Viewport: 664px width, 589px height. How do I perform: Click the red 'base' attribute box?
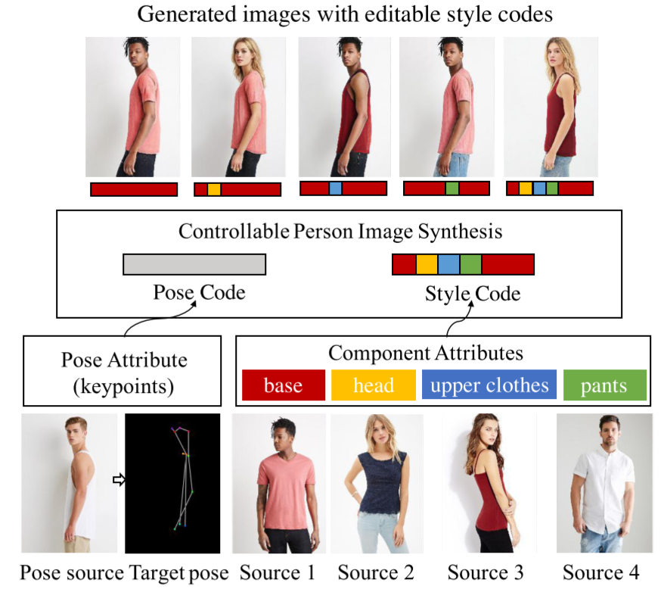[x=283, y=385]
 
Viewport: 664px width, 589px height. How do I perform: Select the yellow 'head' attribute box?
[x=374, y=385]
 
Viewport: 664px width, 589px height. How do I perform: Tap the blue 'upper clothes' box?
[x=489, y=385]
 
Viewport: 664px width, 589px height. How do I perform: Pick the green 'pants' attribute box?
[x=604, y=385]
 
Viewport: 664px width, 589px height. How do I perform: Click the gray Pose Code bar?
[x=194, y=264]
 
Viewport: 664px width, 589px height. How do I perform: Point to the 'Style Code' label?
[x=473, y=293]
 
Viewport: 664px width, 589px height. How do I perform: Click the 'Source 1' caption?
[x=277, y=572]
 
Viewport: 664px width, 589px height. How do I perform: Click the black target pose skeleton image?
[x=172, y=483]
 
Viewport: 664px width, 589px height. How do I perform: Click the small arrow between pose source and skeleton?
[x=118, y=479]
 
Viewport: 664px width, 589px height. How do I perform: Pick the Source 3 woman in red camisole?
[x=489, y=483]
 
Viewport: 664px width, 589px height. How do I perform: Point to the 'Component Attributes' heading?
[x=426, y=352]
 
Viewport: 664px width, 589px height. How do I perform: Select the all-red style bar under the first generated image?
[x=134, y=189]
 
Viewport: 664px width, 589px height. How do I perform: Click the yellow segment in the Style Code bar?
[x=427, y=264]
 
